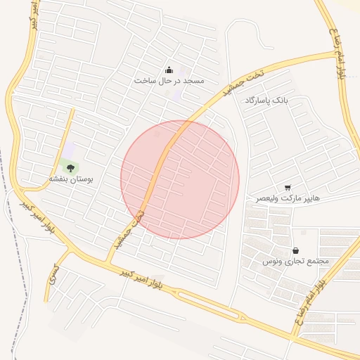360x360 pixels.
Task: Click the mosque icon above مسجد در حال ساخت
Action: click(x=169, y=70)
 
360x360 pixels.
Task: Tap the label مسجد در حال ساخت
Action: click(x=169, y=81)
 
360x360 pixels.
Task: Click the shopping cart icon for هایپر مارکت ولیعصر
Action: click(x=288, y=187)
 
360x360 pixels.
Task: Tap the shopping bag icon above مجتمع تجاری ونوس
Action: click(x=295, y=250)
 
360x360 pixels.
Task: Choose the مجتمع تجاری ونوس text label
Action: click(x=296, y=261)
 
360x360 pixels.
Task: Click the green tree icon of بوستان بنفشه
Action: click(x=70, y=167)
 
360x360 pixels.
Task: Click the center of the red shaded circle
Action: click(x=180, y=179)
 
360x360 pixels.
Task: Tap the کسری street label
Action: click(x=51, y=276)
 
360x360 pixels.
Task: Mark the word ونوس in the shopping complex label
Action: click(x=273, y=261)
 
